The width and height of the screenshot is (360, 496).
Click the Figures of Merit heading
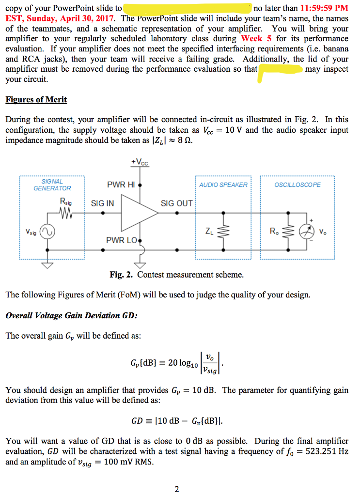point(36,100)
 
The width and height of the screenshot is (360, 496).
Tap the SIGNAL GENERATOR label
point(52,185)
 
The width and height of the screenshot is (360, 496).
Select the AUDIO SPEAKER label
point(223,185)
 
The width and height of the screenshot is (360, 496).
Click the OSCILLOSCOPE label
point(297,185)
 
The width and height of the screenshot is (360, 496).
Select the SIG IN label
point(103,203)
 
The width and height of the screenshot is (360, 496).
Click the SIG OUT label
point(176,203)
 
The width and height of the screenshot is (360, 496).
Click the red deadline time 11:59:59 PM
point(324,8)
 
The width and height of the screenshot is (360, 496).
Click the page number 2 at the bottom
point(177,489)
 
